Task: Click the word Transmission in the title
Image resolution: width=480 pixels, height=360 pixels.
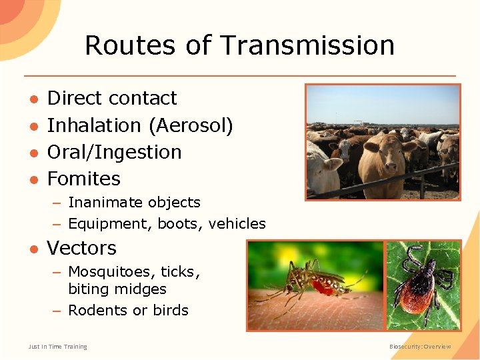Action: click(307, 45)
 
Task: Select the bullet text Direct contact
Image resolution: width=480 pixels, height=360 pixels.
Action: click(112, 98)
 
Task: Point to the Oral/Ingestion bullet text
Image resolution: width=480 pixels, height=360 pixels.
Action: click(114, 152)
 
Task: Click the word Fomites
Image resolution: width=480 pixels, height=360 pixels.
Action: click(84, 179)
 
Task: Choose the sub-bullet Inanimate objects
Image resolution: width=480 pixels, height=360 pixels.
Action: click(134, 203)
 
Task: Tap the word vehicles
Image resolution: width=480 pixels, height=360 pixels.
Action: click(237, 224)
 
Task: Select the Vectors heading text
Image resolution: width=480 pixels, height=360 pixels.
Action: click(81, 248)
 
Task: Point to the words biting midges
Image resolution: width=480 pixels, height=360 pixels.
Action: click(117, 289)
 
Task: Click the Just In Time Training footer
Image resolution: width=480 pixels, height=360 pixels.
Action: click(57, 347)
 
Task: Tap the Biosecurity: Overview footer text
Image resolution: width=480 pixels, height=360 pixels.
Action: click(420, 347)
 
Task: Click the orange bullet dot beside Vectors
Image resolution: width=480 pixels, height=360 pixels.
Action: click(32, 249)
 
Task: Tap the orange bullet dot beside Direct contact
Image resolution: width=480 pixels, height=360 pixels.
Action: click(32, 99)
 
